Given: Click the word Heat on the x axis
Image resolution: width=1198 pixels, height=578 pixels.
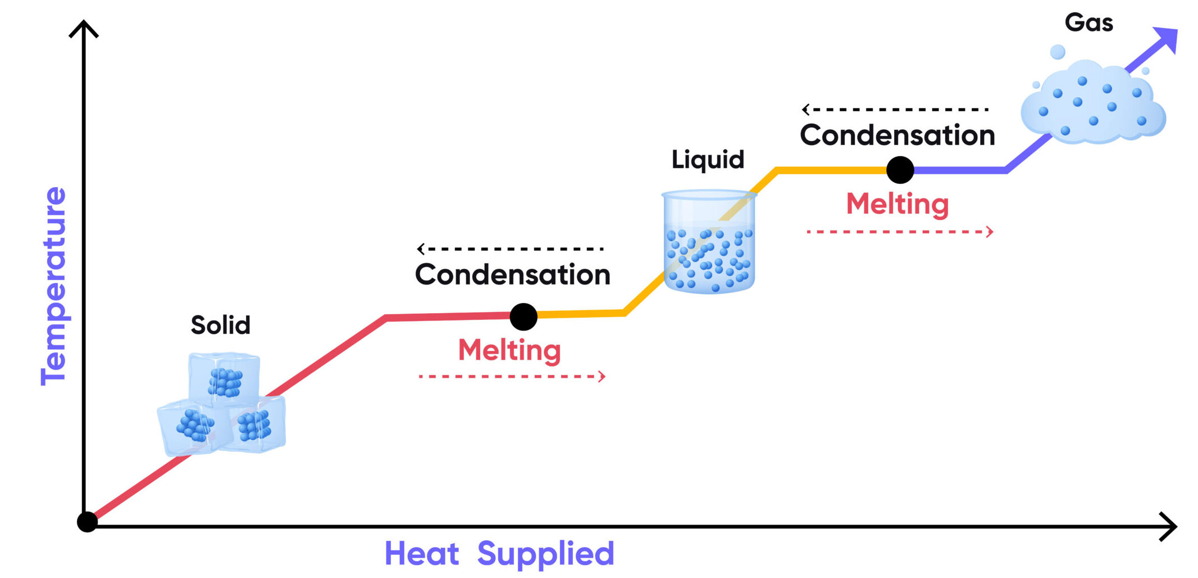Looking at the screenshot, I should pos(421,554).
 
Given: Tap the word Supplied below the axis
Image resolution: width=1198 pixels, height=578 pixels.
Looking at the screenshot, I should pos(545,555).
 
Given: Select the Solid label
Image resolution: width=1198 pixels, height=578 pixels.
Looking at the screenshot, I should pos(220,325).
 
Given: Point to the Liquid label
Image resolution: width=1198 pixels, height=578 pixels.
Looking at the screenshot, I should pos(708,160).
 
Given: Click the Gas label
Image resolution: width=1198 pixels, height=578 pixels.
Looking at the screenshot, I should pos(1088,23).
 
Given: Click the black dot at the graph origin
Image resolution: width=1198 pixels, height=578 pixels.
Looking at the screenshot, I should pos(87,522).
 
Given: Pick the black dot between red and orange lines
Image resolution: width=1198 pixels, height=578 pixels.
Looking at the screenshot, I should pos(523,317).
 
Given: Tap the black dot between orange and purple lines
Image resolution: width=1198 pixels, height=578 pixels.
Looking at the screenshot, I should pos(900,170).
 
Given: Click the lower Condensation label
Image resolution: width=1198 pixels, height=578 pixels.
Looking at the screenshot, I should pos(512,274).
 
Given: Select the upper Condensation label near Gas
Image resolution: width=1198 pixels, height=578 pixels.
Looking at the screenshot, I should pos(897,136).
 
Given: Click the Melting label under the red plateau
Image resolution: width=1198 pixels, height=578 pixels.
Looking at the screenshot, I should pos(509,350).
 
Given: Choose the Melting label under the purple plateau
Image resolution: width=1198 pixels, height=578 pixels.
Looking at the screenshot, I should pos(897,204).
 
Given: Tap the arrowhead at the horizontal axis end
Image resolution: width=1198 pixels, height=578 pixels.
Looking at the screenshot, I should pos(1168,527).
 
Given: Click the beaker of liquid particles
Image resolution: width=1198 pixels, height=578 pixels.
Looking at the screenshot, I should pos(709,242).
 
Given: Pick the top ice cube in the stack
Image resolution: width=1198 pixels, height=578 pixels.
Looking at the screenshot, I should pos(225,378).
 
